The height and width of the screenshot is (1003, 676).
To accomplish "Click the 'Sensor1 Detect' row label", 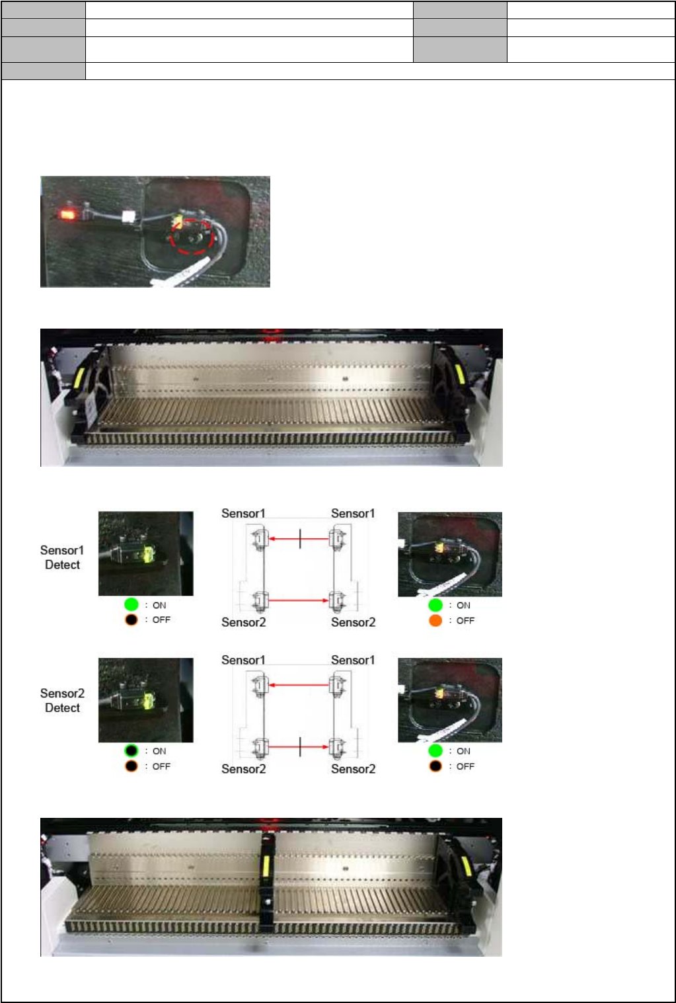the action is click(x=62, y=557).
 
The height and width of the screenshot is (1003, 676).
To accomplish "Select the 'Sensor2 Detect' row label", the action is click(x=62, y=700).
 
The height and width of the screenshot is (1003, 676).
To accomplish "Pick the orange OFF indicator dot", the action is click(x=435, y=620).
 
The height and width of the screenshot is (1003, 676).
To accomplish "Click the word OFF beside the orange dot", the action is click(x=465, y=620).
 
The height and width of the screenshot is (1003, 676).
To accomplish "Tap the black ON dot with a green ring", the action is click(x=131, y=751).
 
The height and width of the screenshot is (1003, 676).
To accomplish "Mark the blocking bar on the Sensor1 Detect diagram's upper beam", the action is click(x=300, y=539).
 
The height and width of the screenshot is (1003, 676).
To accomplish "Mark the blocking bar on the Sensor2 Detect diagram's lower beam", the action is click(x=300, y=747).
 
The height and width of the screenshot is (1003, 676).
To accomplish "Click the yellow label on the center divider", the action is click(x=267, y=867).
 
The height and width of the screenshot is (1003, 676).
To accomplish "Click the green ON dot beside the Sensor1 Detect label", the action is click(x=131, y=604).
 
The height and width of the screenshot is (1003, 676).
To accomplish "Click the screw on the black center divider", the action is click(x=267, y=901).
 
